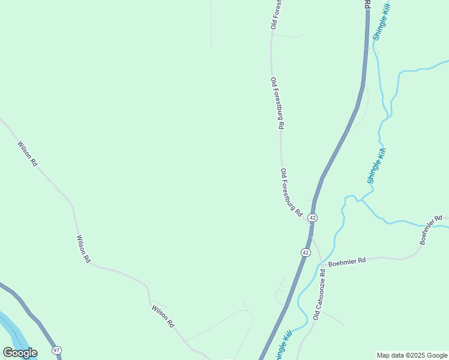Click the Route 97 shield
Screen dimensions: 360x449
pyautogui.click(x=56, y=350)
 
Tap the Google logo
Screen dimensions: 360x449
pyautogui.click(x=20, y=352)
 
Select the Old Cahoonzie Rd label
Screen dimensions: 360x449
pyautogui.click(x=319, y=294)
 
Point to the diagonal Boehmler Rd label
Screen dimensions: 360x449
pyautogui.click(x=430, y=230)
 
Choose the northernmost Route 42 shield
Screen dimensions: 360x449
pyautogui.click(x=313, y=217)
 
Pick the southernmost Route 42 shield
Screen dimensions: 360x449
pyautogui.click(x=306, y=253)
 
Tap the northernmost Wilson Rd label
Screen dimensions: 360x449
pyautogui.click(x=28, y=154)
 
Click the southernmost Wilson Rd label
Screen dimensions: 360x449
pyautogui.click(x=163, y=316)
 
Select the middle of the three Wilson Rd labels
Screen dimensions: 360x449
pyautogui.click(x=83, y=249)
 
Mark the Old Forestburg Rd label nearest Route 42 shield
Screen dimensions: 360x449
pyautogui.click(x=291, y=193)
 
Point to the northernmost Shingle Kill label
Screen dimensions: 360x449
pyautogui.click(x=382, y=21)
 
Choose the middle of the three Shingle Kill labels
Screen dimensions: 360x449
pyautogui.click(x=375, y=166)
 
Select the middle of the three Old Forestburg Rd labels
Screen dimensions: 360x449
pyautogui.click(x=277, y=104)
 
